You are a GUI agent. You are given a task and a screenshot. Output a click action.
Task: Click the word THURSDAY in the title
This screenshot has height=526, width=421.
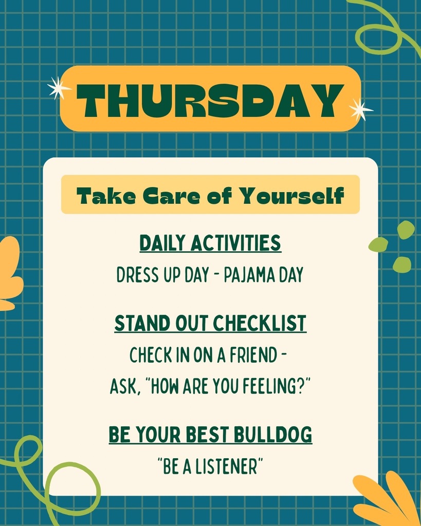click(x=210, y=100)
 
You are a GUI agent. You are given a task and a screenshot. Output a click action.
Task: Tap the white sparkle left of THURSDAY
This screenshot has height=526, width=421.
click(x=58, y=88)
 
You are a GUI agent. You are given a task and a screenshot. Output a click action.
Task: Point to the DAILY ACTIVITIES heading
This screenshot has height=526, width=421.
click(x=210, y=243)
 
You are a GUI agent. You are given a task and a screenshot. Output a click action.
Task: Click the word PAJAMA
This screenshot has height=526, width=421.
click(x=248, y=275)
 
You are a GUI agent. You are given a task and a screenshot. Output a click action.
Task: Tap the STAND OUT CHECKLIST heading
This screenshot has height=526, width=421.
click(x=210, y=324)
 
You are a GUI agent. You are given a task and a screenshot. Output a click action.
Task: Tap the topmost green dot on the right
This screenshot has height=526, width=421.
click(x=406, y=230)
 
